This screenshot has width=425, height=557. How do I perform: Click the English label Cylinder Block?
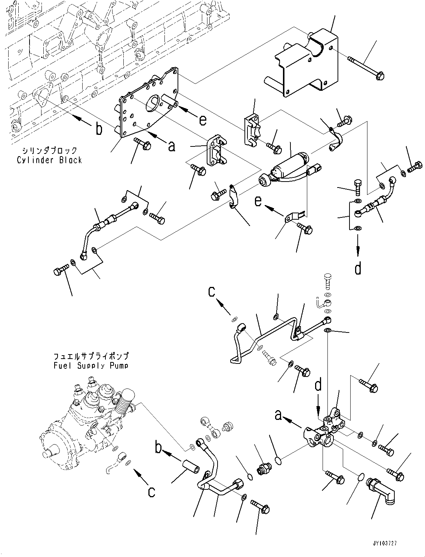point(49,160)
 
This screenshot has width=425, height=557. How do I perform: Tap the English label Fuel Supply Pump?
point(91,366)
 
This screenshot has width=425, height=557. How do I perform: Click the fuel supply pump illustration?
point(87,424)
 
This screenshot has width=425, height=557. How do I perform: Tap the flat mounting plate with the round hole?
point(147,104)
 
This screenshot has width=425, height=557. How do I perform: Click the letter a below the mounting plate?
point(172,147)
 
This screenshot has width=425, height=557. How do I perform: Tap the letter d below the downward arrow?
point(358,269)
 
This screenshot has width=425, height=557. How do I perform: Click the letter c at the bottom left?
point(151,492)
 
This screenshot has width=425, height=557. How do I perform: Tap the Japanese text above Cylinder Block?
point(49,151)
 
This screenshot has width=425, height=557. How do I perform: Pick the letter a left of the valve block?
point(279,415)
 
